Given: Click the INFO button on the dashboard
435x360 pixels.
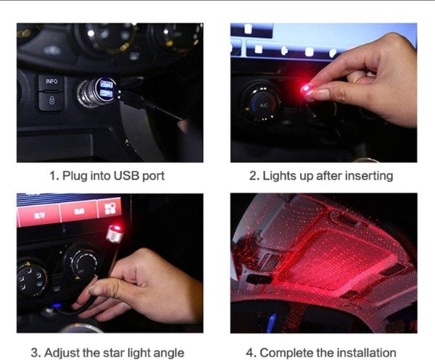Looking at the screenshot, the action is click(x=51, y=82).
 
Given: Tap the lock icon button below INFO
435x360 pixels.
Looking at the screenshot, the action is click(x=51, y=101).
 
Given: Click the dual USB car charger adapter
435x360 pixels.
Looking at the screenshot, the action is click(x=96, y=92).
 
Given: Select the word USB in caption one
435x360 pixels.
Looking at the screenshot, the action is click(x=126, y=176).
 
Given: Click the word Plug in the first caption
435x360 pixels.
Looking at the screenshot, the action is click(x=75, y=176).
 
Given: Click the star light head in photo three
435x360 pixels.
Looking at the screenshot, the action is click(x=115, y=233).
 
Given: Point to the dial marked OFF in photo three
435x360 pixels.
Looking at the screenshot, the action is click(x=80, y=264).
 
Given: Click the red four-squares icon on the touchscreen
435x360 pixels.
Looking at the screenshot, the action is click(x=110, y=208).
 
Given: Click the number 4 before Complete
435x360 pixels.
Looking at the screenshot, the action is click(x=249, y=353).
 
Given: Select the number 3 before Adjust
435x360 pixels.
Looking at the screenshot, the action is click(x=35, y=353).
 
